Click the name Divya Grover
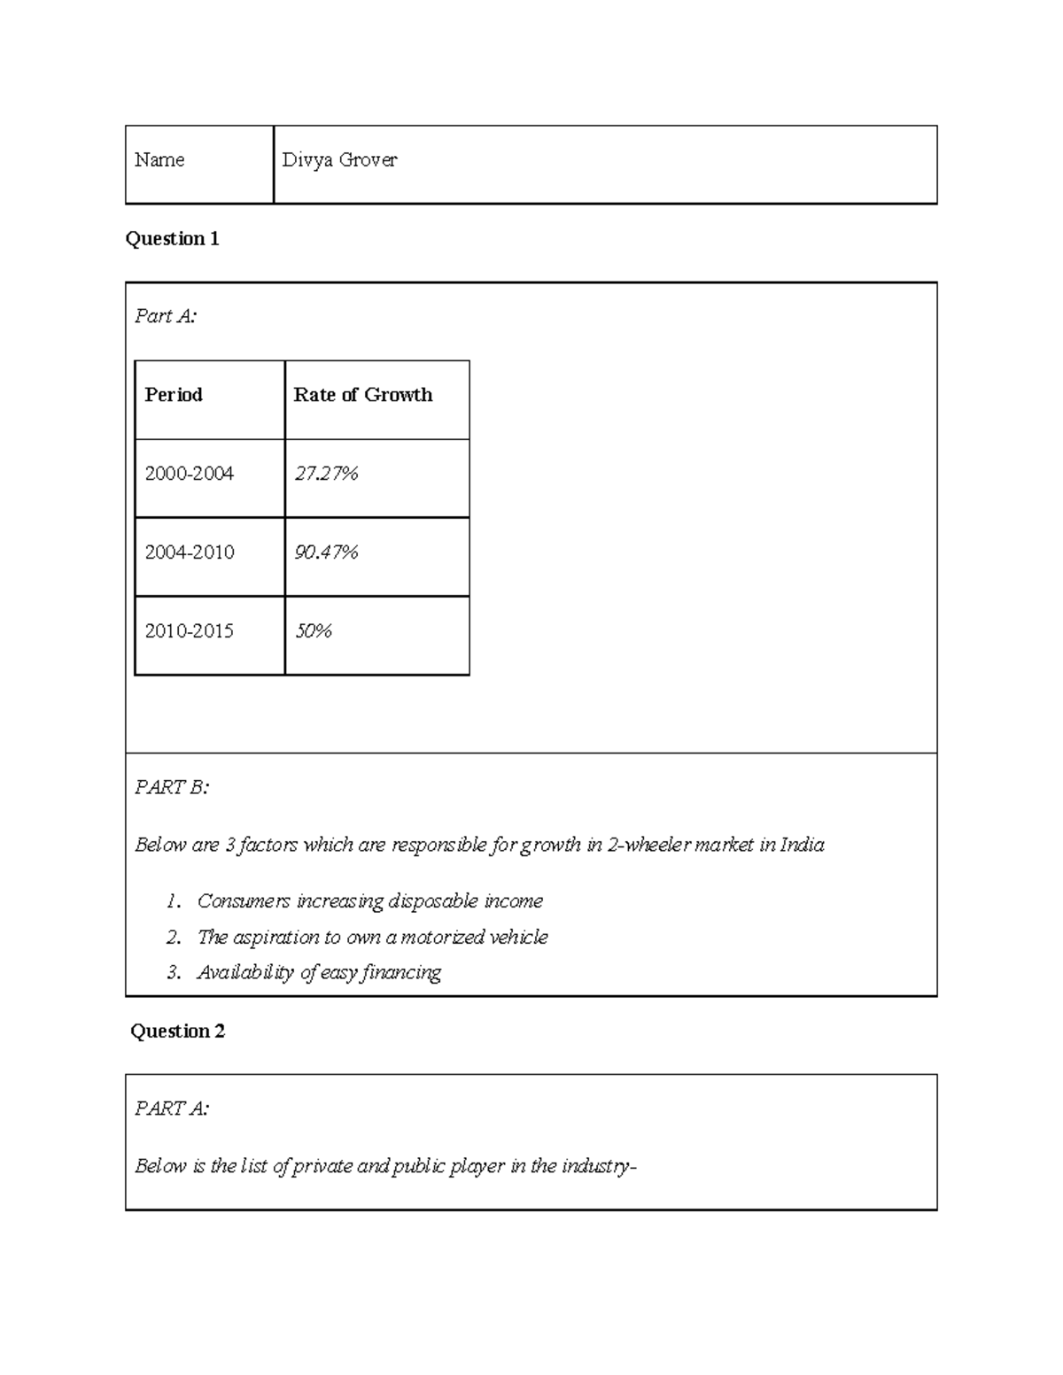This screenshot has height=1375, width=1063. [x=339, y=160]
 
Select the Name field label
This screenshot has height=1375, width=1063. [x=159, y=160]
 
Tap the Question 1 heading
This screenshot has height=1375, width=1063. [x=172, y=238]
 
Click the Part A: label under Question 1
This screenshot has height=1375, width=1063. [x=166, y=316]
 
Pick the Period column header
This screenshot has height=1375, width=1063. [x=174, y=395]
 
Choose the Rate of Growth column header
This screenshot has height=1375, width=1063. [x=362, y=395]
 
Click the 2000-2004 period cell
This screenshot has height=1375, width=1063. [x=190, y=474]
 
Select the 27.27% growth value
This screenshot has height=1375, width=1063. [x=326, y=474]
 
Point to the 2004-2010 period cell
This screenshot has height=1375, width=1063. [x=190, y=552]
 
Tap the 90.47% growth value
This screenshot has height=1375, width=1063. [x=326, y=552]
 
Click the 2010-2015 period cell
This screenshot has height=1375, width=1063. [x=190, y=631]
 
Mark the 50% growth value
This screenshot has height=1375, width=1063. [x=313, y=631]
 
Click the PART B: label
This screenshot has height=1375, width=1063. [x=172, y=787]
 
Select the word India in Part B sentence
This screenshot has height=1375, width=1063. [x=802, y=845]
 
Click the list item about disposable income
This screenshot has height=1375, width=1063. [x=369, y=901]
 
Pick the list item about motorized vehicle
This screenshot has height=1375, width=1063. [x=372, y=937]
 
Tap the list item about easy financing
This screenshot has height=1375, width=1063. [x=319, y=972]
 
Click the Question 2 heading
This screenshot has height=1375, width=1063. [x=177, y=1031]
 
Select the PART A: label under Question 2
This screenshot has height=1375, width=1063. [x=172, y=1108]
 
